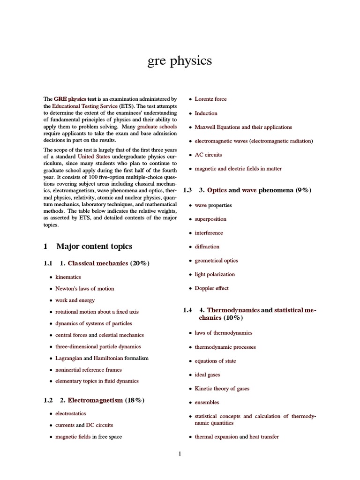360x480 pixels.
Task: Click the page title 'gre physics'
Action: [x=180, y=61]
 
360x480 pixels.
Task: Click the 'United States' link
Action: [x=92, y=156]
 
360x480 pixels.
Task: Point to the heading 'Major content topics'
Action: [x=94, y=246]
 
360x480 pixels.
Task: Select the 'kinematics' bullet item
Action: [x=68, y=277]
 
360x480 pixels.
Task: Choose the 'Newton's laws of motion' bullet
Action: [x=84, y=289]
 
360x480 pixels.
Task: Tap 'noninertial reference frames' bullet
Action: [x=88, y=370]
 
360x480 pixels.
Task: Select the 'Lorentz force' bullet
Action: [x=210, y=99]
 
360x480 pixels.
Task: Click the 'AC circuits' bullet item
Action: [x=208, y=155]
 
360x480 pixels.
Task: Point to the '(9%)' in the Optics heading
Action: [x=304, y=190]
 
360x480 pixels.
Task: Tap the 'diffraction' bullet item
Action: [x=207, y=247]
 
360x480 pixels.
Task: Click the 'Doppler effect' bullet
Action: [x=211, y=288]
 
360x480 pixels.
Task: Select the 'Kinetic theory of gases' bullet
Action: [x=222, y=389]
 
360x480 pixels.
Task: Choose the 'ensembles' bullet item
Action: [x=207, y=402]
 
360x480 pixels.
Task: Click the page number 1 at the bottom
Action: [x=180, y=453]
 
